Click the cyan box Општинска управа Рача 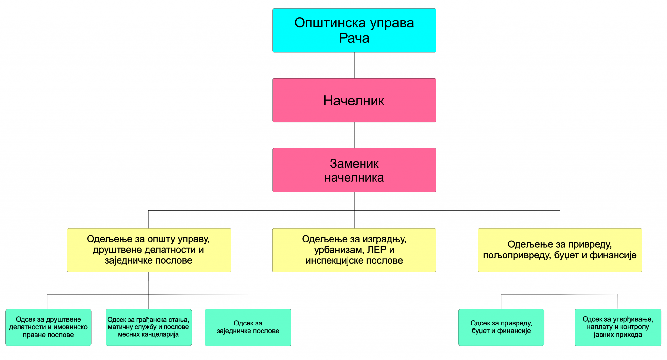[x=354, y=30]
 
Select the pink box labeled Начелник [x=354, y=100]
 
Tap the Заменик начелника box [x=354, y=170]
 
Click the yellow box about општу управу [x=149, y=250]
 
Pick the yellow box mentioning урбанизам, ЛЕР [x=354, y=250]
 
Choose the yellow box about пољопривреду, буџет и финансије [x=560, y=250]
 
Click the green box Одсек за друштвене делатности [x=48, y=327]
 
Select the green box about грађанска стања [x=149, y=327]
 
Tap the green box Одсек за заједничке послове [x=248, y=327]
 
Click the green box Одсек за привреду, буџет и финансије [x=501, y=327]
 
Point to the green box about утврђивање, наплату [x=618, y=327]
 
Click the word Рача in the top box [x=354, y=38]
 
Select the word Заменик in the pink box [x=354, y=164]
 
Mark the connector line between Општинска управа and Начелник [x=354, y=65]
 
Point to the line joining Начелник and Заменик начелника [x=354, y=135]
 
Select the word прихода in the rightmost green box [x=629, y=335]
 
